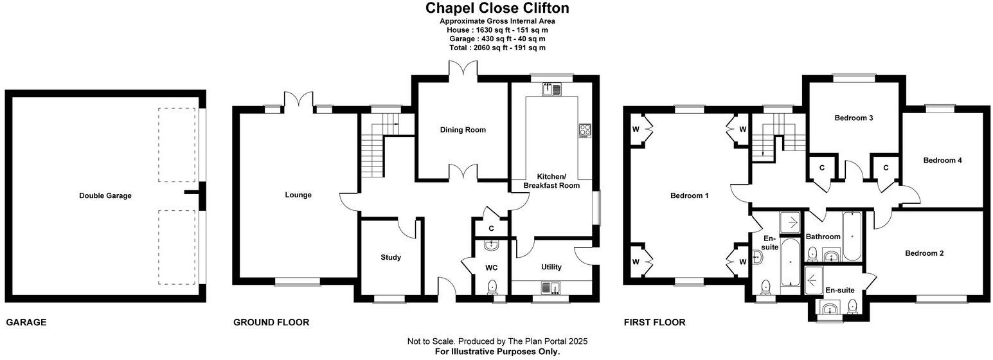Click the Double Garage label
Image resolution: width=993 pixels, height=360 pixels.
point(105,195)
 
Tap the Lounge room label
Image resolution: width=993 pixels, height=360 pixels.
point(298,195)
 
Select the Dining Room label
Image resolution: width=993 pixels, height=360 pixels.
point(463,130)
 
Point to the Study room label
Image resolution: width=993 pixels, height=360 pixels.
point(391,257)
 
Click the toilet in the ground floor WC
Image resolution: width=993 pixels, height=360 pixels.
point(492,287)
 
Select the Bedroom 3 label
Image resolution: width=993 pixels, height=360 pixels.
point(854,118)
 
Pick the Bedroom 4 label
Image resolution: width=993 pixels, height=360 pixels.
point(942,160)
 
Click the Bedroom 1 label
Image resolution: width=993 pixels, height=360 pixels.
point(690,195)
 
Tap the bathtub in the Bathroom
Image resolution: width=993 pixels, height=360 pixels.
point(852,237)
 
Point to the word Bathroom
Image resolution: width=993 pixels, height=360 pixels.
point(823,237)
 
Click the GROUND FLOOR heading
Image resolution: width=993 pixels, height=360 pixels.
point(271,322)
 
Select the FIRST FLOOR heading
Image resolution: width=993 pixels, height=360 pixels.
point(655,322)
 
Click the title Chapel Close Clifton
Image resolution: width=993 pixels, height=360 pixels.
point(497,8)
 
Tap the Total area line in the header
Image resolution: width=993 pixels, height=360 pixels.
point(497,48)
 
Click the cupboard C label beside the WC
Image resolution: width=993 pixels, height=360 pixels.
point(491,229)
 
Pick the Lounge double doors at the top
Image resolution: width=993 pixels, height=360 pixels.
point(298,99)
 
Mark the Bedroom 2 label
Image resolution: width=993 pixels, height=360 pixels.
point(924,253)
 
